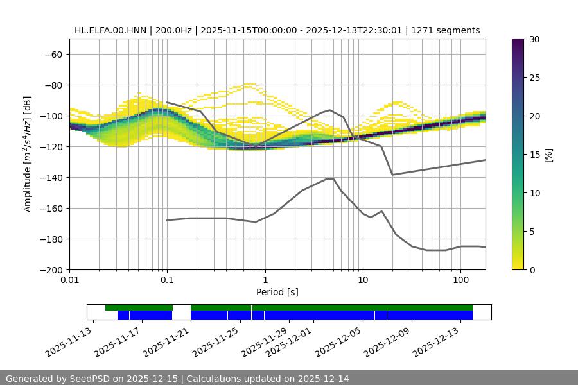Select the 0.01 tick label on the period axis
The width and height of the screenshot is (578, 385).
[x=69, y=280]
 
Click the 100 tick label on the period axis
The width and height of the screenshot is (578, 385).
[x=460, y=280]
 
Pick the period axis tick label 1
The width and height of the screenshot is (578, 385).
[x=265, y=280]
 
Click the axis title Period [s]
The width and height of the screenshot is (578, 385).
[x=277, y=292]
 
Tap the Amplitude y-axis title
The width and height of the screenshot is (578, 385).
[x=28, y=154]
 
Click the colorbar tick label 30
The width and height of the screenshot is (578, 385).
[x=534, y=39]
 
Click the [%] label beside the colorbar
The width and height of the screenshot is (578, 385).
[x=548, y=155]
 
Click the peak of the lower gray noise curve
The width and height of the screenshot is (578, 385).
[x=330, y=178]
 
